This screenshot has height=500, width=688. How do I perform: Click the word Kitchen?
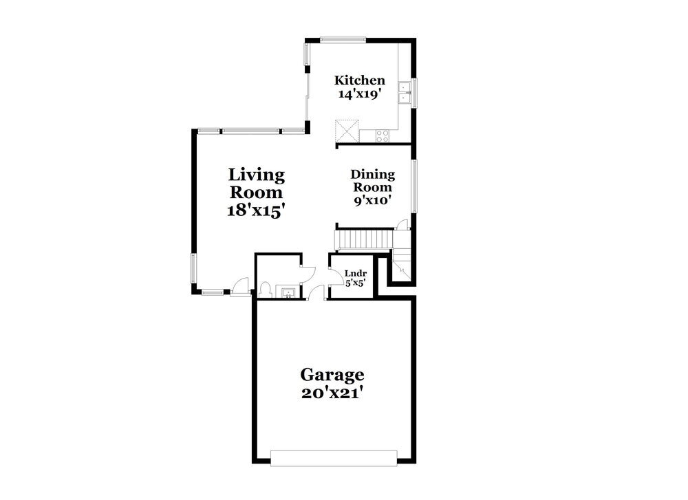pos(359,80)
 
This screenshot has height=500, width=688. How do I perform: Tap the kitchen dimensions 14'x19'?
pos(359,94)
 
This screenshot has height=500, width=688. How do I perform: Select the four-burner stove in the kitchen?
pos(383,135)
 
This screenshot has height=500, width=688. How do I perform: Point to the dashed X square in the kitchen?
pos(346,130)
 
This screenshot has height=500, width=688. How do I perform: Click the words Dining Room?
pos(372,181)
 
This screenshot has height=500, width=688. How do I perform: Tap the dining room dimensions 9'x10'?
pos(372,200)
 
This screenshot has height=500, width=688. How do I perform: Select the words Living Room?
pos(256,184)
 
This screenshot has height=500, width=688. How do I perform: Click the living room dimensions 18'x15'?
pos(256,211)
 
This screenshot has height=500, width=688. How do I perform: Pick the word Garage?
pos(332,375)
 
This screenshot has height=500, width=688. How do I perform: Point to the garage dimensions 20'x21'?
pos(332,393)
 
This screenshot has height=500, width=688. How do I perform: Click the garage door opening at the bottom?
pos(334,458)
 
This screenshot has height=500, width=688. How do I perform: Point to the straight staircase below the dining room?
pos(364,240)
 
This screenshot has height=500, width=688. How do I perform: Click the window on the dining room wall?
pos(414,186)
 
